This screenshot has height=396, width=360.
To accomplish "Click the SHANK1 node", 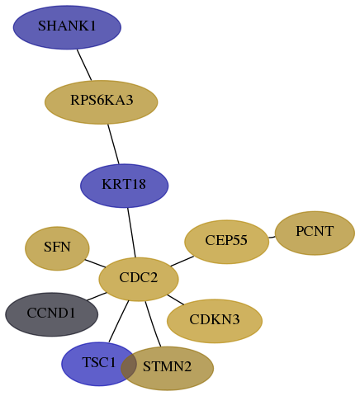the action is click(x=67, y=27).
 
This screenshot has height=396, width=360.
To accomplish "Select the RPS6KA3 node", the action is click(x=102, y=102).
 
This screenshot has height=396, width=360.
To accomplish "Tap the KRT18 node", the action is click(x=124, y=186).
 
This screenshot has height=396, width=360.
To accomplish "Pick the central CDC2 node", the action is click(x=139, y=280).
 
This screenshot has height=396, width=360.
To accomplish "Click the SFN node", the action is click(x=57, y=248).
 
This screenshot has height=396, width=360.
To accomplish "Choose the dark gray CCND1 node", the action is click(x=51, y=314).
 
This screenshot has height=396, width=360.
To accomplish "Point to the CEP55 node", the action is click(x=226, y=242).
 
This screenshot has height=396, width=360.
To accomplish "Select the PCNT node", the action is click(x=315, y=233).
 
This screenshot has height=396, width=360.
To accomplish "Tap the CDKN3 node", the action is click(x=215, y=321).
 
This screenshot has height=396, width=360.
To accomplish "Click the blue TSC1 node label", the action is click(x=99, y=362).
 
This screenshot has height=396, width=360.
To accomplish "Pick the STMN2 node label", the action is click(x=167, y=366).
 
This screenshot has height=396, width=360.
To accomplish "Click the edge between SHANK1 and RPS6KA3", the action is click(x=84, y=65).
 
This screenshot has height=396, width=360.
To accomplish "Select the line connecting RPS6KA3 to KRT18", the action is click(x=113, y=144).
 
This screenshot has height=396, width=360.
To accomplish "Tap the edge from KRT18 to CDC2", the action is click(x=131, y=233).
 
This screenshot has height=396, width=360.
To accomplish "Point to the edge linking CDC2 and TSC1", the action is click(x=119, y=322).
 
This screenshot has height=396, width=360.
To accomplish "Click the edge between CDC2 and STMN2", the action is click(x=153, y=324).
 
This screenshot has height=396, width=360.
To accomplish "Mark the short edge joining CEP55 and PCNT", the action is click(x=272, y=237).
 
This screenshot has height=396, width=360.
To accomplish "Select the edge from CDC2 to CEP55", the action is click(x=182, y=262).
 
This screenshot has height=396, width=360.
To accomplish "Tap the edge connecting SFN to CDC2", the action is click(x=95, y=263).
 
